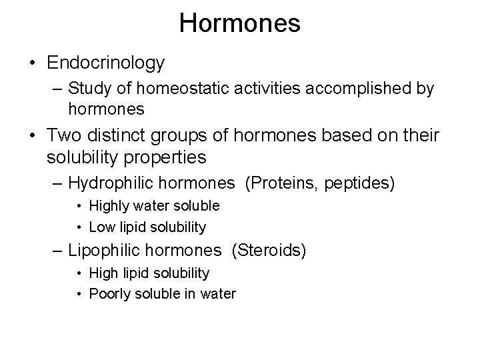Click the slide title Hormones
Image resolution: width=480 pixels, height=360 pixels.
tap(239, 23)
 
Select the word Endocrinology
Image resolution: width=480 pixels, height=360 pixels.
tap(106, 63)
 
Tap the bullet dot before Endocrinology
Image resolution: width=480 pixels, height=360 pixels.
tap(32, 64)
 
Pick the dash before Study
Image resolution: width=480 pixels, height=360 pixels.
tap(57, 89)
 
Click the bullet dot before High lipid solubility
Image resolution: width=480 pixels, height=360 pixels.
tap(80, 273)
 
